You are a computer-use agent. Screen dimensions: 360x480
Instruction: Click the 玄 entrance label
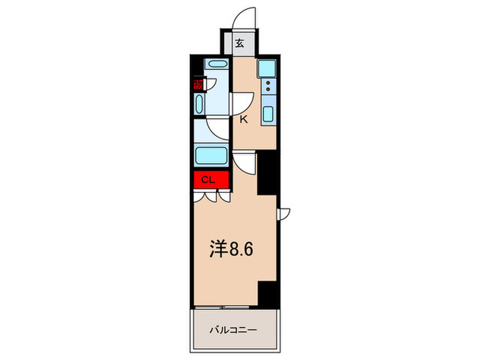[240, 44]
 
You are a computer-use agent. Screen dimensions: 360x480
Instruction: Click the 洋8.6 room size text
[231, 250]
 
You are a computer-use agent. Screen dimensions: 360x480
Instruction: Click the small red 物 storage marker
[198, 85]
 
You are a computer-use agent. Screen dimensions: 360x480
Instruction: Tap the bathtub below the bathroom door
[212, 154]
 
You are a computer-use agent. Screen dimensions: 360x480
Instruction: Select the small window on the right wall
[283, 213]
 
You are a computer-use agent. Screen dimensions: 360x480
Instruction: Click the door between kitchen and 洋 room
[244, 162]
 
